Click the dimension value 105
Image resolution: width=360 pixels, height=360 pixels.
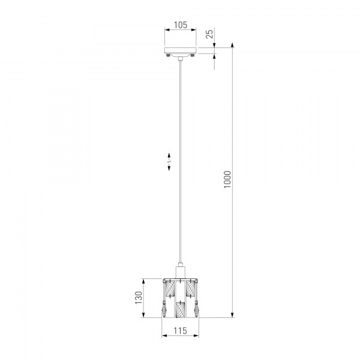pyautogui.click(x=180, y=25)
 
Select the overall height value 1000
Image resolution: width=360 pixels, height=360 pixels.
pyautogui.click(x=227, y=179)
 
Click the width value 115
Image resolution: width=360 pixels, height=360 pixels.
pyautogui.click(x=180, y=331)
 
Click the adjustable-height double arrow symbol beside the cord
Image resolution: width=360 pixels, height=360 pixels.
pyautogui.click(x=170, y=162)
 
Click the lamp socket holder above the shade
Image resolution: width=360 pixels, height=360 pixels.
pyautogui.click(x=180, y=271)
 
